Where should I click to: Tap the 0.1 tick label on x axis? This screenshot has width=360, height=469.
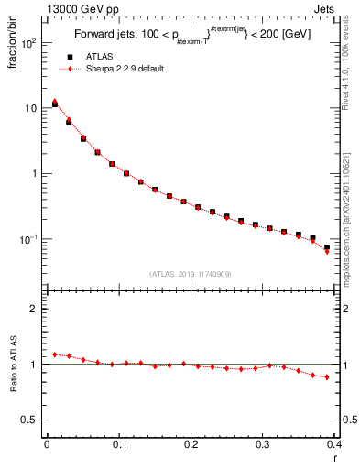click(118, 445)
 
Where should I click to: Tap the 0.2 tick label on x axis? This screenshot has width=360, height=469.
click(191, 445)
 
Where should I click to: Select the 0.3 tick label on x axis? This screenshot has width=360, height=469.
click(263, 445)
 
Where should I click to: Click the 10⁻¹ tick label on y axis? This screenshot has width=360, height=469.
click(27, 239)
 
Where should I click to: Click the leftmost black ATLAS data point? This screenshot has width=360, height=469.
click(54, 104)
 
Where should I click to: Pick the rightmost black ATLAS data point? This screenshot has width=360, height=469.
click(327, 246)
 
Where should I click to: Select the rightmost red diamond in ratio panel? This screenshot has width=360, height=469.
click(327, 376)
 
